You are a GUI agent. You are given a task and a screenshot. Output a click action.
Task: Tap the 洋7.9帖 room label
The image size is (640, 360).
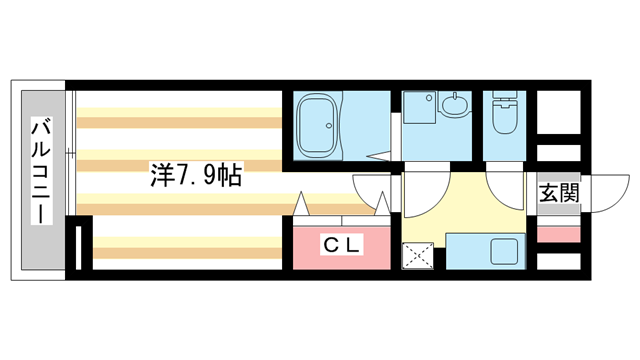tap(195, 176)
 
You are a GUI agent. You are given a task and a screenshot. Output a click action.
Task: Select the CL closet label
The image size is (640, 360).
tap(341, 243)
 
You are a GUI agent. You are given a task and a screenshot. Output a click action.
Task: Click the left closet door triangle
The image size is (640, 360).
tap(302, 202)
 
